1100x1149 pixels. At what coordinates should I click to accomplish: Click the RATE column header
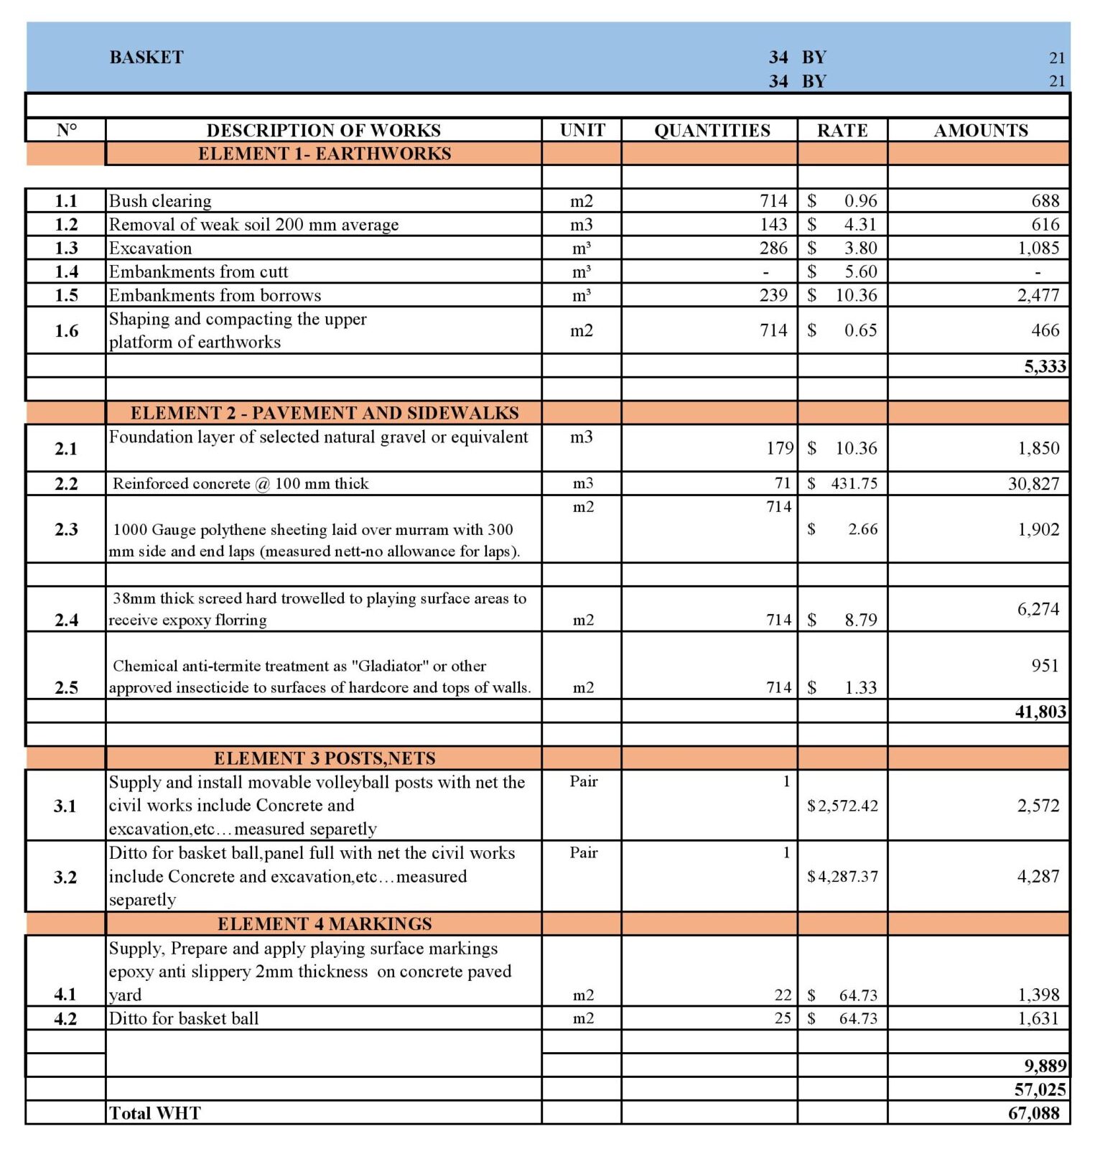tap(842, 130)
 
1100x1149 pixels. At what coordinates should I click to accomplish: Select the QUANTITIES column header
tap(712, 130)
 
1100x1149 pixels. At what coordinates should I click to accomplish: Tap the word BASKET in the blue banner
tap(146, 57)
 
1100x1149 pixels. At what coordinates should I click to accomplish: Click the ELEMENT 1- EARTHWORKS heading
tap(325, 154)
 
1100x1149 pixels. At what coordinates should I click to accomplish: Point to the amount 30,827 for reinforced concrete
tap(1033, 483)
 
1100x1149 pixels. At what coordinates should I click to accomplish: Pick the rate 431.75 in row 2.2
tap(854, 483)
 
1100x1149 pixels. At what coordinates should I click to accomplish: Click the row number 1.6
tap(66, 330)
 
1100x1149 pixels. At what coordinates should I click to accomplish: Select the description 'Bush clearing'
tap(160, 201)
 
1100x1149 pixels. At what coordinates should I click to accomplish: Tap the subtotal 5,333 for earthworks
tap(1045, 366)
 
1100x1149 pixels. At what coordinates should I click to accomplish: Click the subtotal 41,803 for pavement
tap(1040, 712)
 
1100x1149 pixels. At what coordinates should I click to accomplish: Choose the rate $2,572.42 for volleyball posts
tap(842, 806)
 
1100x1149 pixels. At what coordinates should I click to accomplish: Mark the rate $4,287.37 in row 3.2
tap(842, 876)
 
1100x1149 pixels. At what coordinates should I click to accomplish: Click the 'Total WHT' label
tap(155, 1113)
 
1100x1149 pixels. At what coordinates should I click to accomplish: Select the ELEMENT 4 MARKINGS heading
tap(325, 924)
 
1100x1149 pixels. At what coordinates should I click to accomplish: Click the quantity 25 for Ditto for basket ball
tap(783, 1018)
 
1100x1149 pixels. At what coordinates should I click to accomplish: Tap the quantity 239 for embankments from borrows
tap(773, 295)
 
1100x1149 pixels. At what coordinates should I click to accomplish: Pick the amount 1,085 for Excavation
tap(1038, 248)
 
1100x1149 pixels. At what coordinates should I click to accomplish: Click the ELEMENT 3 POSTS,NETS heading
tap(325, 758)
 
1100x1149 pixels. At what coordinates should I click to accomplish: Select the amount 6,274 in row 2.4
tap(1038, 609)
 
